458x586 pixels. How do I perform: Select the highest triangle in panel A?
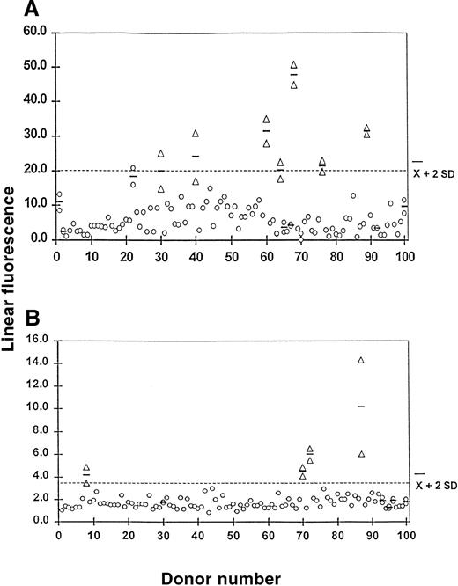[294, 64]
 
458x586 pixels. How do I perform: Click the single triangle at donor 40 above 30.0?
[196, 133]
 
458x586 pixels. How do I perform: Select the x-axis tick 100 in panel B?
[404, 534]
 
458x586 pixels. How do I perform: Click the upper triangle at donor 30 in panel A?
[161, 153]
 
